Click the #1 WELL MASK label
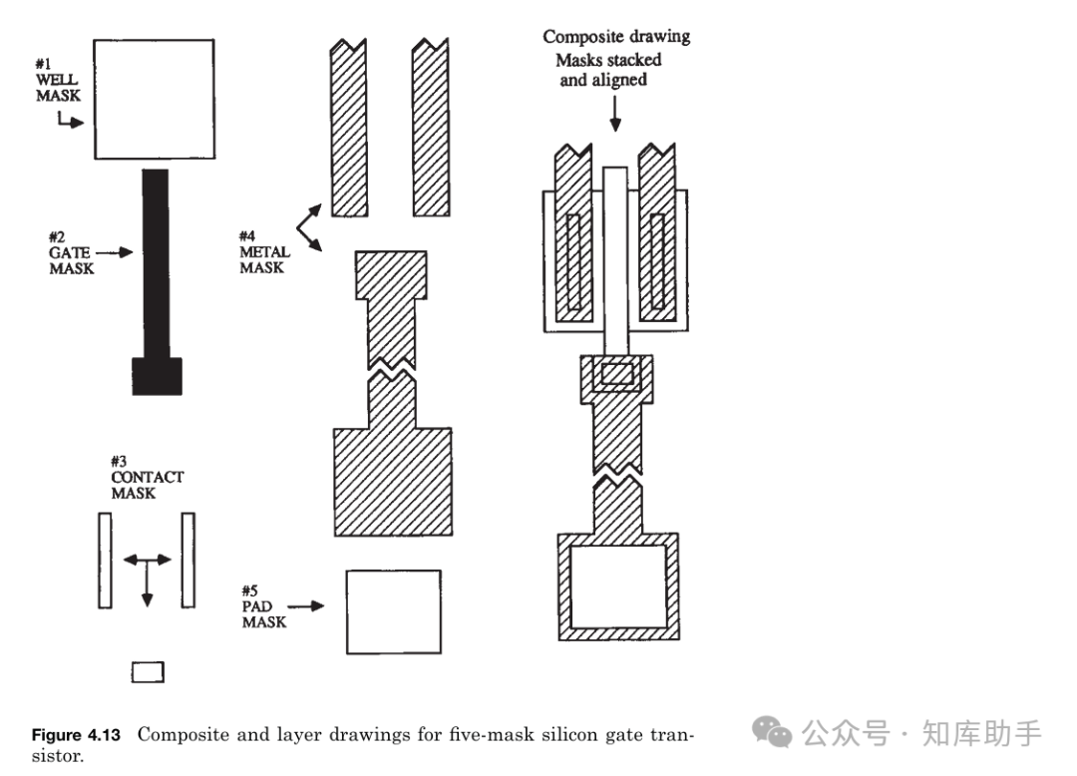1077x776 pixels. click(58, 81)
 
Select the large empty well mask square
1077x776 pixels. click(154, 99)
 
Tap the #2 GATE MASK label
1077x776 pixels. click(71, 253)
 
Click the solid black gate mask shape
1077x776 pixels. click(156, 279)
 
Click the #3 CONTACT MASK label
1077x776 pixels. click(146, 477)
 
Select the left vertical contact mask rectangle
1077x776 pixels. click(105, 560)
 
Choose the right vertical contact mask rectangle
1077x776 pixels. click(187, 560)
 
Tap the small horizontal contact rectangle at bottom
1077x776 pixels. click(148, 673)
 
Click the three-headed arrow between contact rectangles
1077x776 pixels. click(147, 569)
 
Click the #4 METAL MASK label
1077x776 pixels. click(263, 252)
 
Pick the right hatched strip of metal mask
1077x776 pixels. click(431, 130)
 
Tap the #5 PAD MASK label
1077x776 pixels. click(264, 605)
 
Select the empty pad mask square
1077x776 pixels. click(393, 610)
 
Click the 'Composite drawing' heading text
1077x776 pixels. click(615, 37)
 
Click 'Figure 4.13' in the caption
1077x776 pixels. click(76, 735)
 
